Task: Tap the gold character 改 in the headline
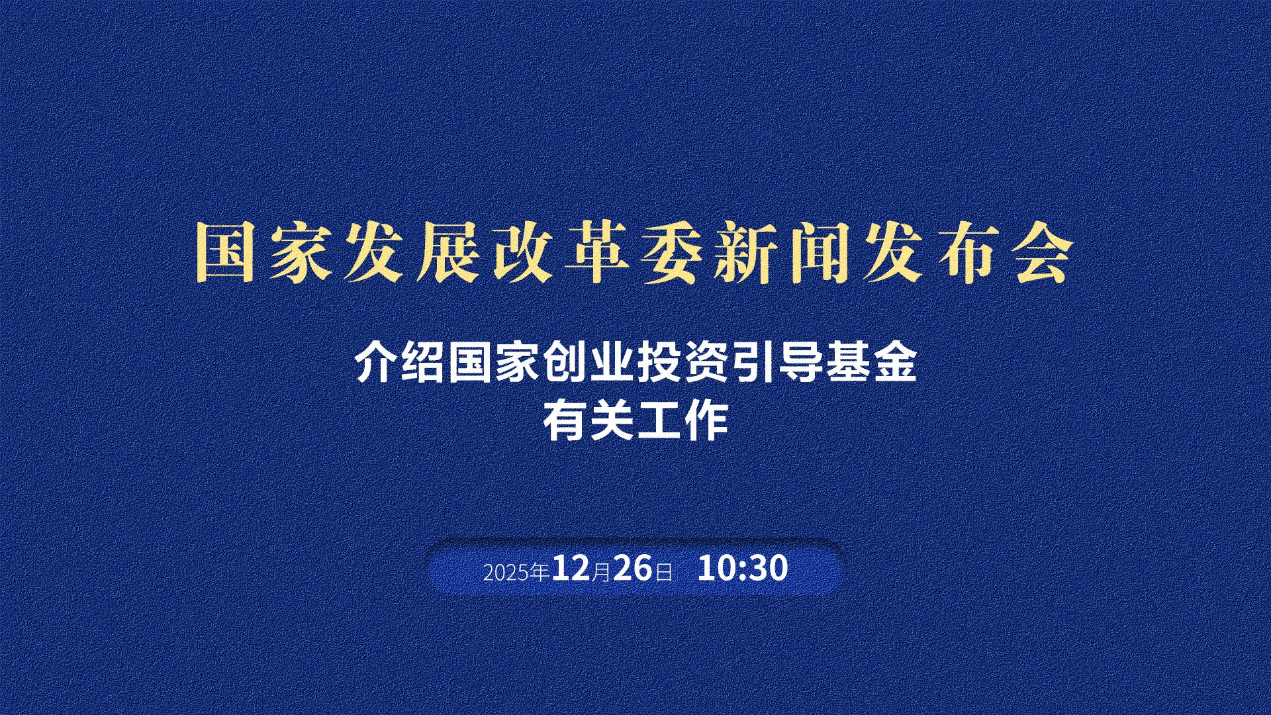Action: (x=523, y=254)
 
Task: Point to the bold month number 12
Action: (x=571, y=568)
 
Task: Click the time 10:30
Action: (x=743, y=568)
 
